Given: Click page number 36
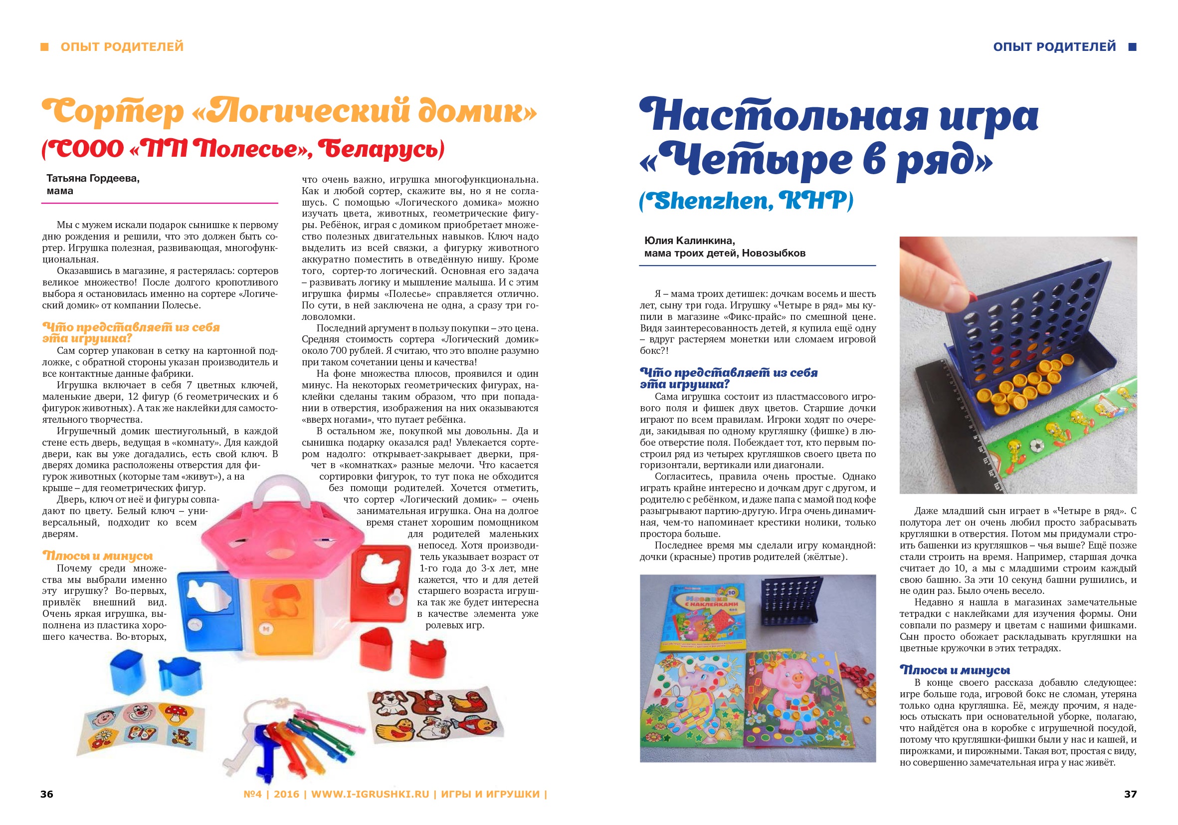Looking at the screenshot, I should (x=47, y=794).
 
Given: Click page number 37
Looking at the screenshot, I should (x=1130, y=794).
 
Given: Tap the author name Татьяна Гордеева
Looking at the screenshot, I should (x=93, y=178).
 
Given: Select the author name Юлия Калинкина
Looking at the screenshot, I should (x=690, y=240).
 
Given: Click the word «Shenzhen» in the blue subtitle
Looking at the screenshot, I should (x=706, y=201).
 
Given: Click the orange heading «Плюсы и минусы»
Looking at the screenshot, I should (x=97, y=555).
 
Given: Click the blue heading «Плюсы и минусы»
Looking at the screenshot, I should (x=955, y=670).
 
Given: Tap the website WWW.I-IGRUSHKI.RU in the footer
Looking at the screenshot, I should (x=370, y=794).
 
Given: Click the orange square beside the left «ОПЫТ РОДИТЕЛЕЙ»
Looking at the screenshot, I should (x=45, y=47).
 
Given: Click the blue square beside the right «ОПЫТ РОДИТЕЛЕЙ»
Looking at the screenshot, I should (x=1132, y=47).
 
